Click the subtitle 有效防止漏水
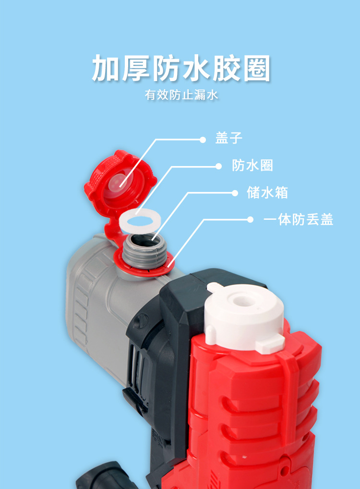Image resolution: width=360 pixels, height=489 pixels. pos(181,95)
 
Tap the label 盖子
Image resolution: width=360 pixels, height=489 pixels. pos(228,139)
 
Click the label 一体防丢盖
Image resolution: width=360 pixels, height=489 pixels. pos(298,220)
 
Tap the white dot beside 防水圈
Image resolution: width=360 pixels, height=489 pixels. pos(218,167)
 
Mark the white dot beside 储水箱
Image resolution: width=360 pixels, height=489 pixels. pos(235,193)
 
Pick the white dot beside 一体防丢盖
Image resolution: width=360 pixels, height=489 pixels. pos(250,220)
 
